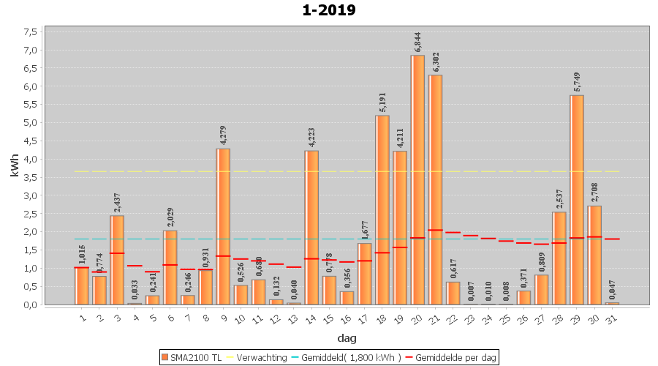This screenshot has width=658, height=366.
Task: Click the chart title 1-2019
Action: pos(329,10)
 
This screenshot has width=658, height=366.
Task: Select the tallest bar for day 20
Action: pos(417,179)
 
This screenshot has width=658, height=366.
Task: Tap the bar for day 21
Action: pos(435,190)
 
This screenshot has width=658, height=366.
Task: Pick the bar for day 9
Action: pos(223,226)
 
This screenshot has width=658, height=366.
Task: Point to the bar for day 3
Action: pos(117,260)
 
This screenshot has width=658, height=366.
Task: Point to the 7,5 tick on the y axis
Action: pos(30,32)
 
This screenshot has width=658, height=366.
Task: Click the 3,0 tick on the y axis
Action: pos(30,195)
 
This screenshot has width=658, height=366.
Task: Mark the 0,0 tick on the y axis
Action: pos(30,305)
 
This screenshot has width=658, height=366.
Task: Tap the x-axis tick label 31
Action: pos(613,318)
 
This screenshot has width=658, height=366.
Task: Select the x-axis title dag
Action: pos(347,338)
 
